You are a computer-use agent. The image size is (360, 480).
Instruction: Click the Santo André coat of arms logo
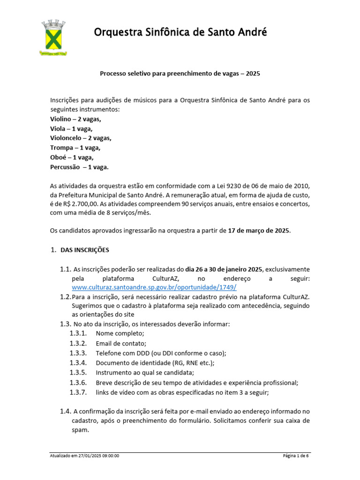53,37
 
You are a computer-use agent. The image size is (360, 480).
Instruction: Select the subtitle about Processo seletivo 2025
180,74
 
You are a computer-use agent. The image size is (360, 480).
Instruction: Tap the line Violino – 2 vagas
75,119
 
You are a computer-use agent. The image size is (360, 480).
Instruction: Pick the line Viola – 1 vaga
71,128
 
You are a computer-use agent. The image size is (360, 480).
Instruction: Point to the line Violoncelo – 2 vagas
81,138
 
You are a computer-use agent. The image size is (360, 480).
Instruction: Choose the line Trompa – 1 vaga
75,148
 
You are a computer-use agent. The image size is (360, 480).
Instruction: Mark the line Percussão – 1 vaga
79,167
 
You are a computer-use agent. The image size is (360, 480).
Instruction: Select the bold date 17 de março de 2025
259,230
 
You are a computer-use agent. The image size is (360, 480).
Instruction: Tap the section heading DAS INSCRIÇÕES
84,250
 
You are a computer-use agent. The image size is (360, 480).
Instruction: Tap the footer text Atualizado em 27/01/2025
84,456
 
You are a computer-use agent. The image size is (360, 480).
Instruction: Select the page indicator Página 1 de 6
296,456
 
